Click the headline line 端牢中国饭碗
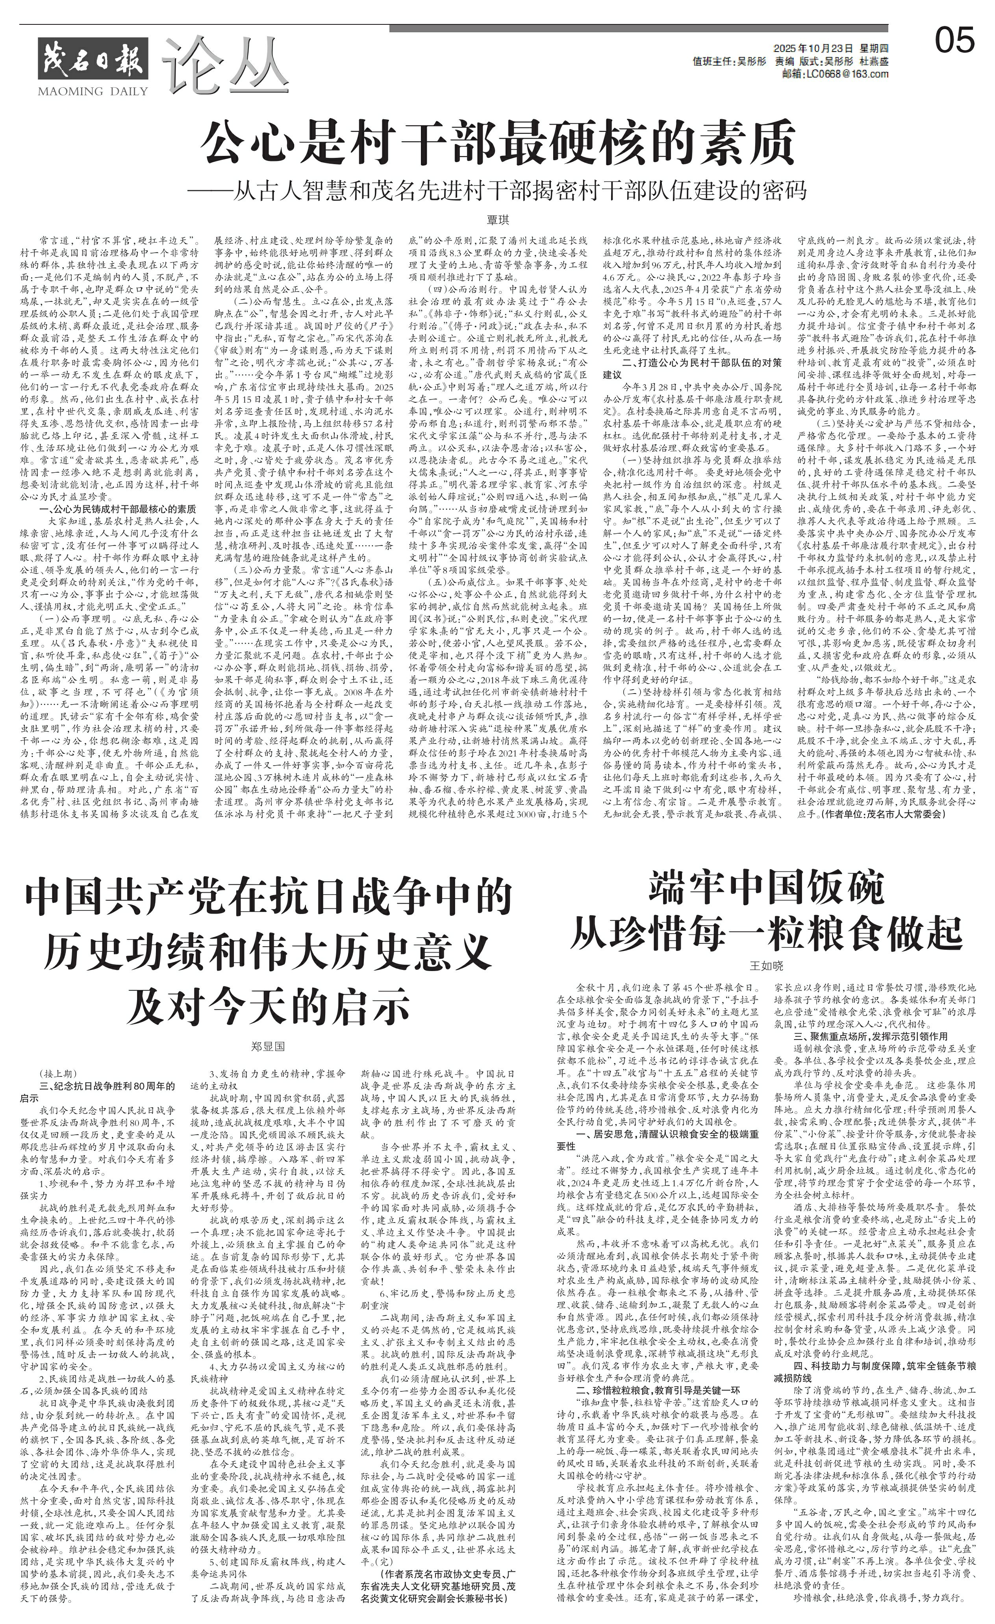point(766,888)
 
